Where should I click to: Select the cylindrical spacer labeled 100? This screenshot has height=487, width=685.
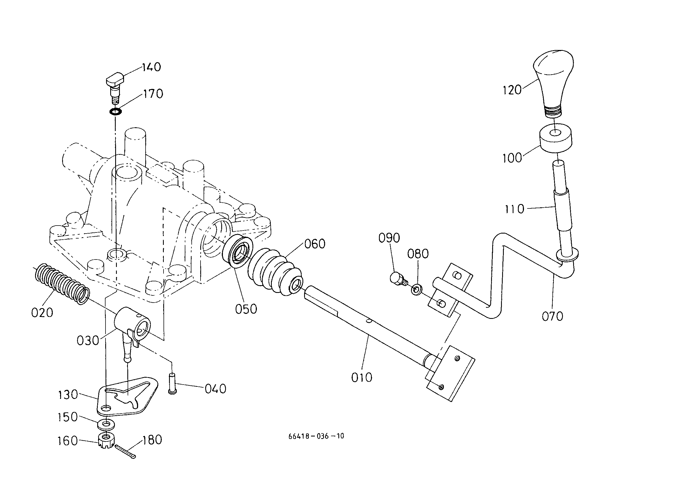click(556, 139)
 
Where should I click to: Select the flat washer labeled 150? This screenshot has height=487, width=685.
click(105, 424)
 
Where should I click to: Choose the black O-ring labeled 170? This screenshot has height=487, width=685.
click(115, 112)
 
